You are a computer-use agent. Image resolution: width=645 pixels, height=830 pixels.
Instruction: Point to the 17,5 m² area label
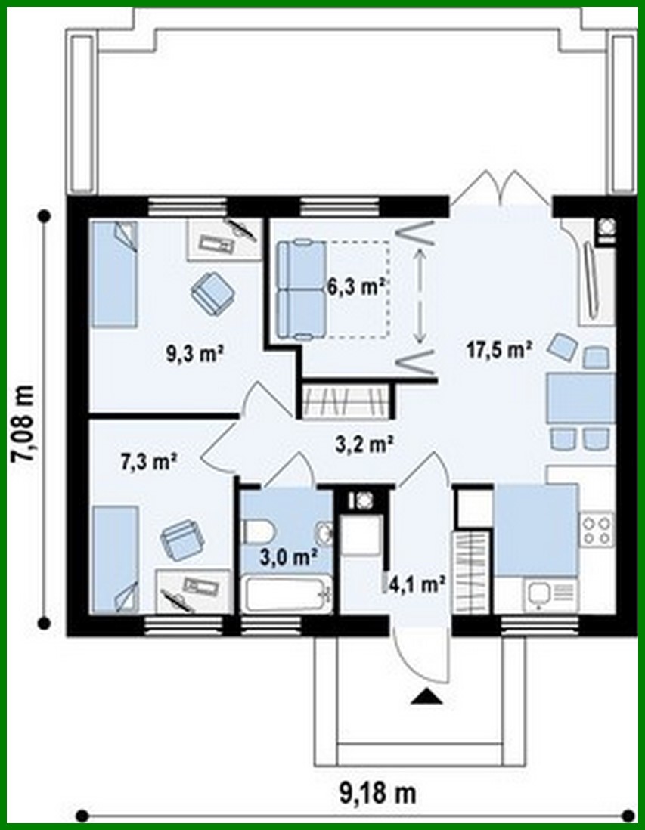[x=497, y=349]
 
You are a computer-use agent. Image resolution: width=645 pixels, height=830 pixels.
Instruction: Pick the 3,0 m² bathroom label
[x=288, y=558]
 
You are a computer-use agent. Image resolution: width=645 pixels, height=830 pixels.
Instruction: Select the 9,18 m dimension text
[x=375, y=794]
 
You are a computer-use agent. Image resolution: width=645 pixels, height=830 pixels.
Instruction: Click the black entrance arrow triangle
[x=426, y=697]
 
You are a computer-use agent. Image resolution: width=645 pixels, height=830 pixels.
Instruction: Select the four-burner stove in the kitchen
[x=596, y=528]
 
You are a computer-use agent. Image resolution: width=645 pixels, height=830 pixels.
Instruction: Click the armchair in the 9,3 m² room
[x=212, y=291]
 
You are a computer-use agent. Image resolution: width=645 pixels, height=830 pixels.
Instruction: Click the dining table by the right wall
[x=579, y=398]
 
